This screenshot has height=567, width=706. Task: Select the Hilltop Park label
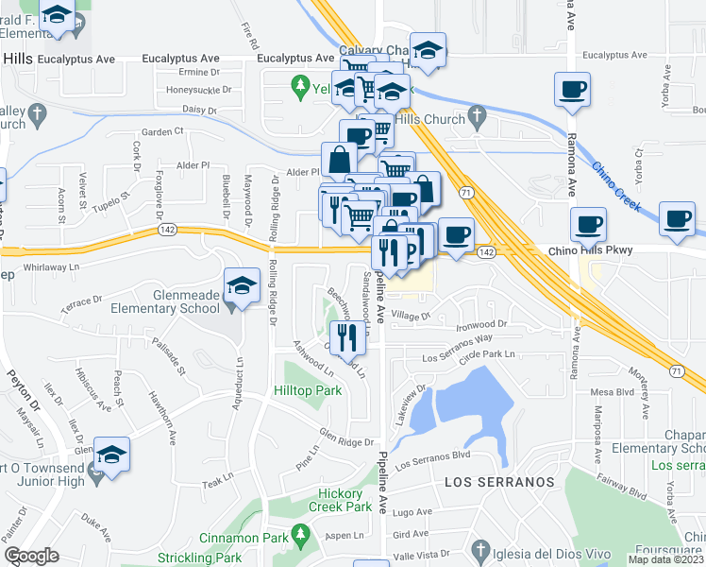tap(307, 390)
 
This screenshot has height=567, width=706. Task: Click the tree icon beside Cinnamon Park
tap(301, 537)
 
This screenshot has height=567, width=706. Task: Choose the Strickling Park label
tap(200, 558)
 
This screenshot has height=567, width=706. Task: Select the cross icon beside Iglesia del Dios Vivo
tap(480, 550)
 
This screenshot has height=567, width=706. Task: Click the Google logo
tap(31, 556)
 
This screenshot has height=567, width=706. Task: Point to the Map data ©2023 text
tap(666, 559)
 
